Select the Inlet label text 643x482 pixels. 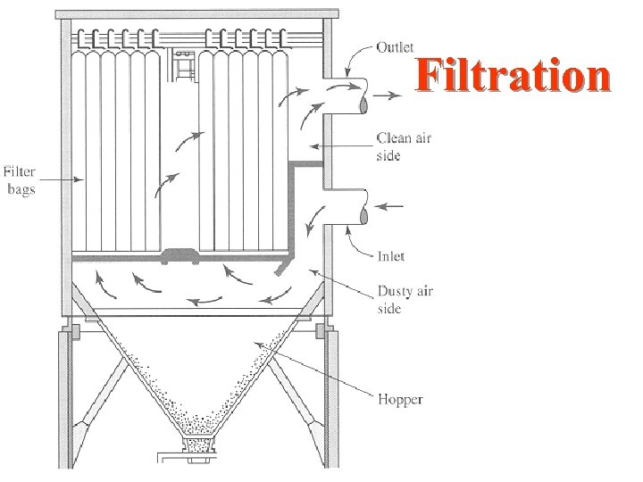(390, 256)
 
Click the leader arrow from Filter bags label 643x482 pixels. (61, 180)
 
